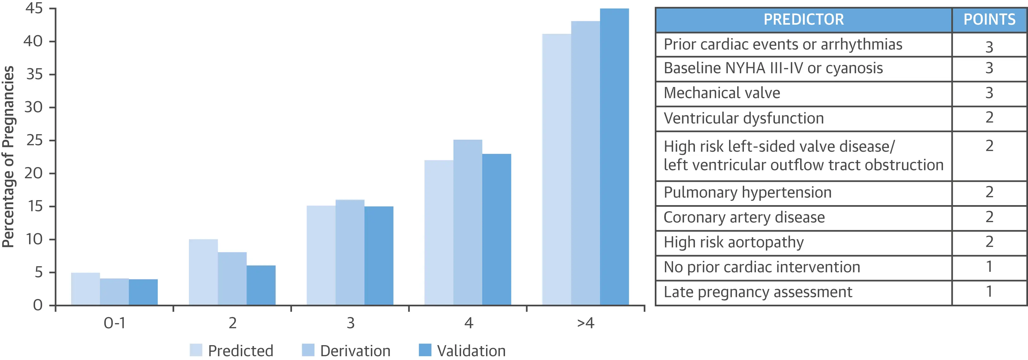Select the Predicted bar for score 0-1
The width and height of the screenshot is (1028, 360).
[85, 289]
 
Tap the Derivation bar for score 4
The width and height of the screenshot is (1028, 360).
[468, 222]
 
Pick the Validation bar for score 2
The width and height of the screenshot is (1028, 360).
[261, 285]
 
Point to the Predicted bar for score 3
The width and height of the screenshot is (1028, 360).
[321, 255]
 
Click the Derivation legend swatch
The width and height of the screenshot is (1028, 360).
[308, 350]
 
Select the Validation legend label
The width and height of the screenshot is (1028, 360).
[471, 351]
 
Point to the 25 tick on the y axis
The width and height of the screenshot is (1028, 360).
[52, 140]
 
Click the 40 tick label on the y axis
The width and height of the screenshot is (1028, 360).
[33, 41]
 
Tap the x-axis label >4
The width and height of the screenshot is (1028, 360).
[586, 322]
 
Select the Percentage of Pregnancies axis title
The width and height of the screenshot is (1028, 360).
[9, 156]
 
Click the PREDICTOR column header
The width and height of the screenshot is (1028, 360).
[804, 20]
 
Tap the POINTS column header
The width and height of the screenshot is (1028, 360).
[989, 20]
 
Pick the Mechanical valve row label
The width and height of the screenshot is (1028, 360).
[722, 93]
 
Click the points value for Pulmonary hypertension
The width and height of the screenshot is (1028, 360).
[989, 192]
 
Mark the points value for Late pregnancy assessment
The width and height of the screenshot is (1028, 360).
[989, 291]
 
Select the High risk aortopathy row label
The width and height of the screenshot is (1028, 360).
[734, 242]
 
